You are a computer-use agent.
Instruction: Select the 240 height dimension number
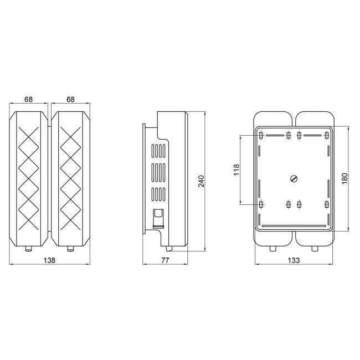coord(201,181)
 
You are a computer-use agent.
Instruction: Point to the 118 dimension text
coord(236,169)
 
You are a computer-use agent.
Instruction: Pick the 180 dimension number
coord(344,179)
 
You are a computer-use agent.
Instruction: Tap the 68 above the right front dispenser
coord(70,100)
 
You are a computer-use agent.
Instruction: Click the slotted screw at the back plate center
coord(294,178)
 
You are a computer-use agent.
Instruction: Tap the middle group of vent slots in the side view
coord(159,173)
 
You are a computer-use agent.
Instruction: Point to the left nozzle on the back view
coord(272,248)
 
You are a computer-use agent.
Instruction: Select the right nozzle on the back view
coord(315,248)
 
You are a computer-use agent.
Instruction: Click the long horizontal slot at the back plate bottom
coord(294,225)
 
